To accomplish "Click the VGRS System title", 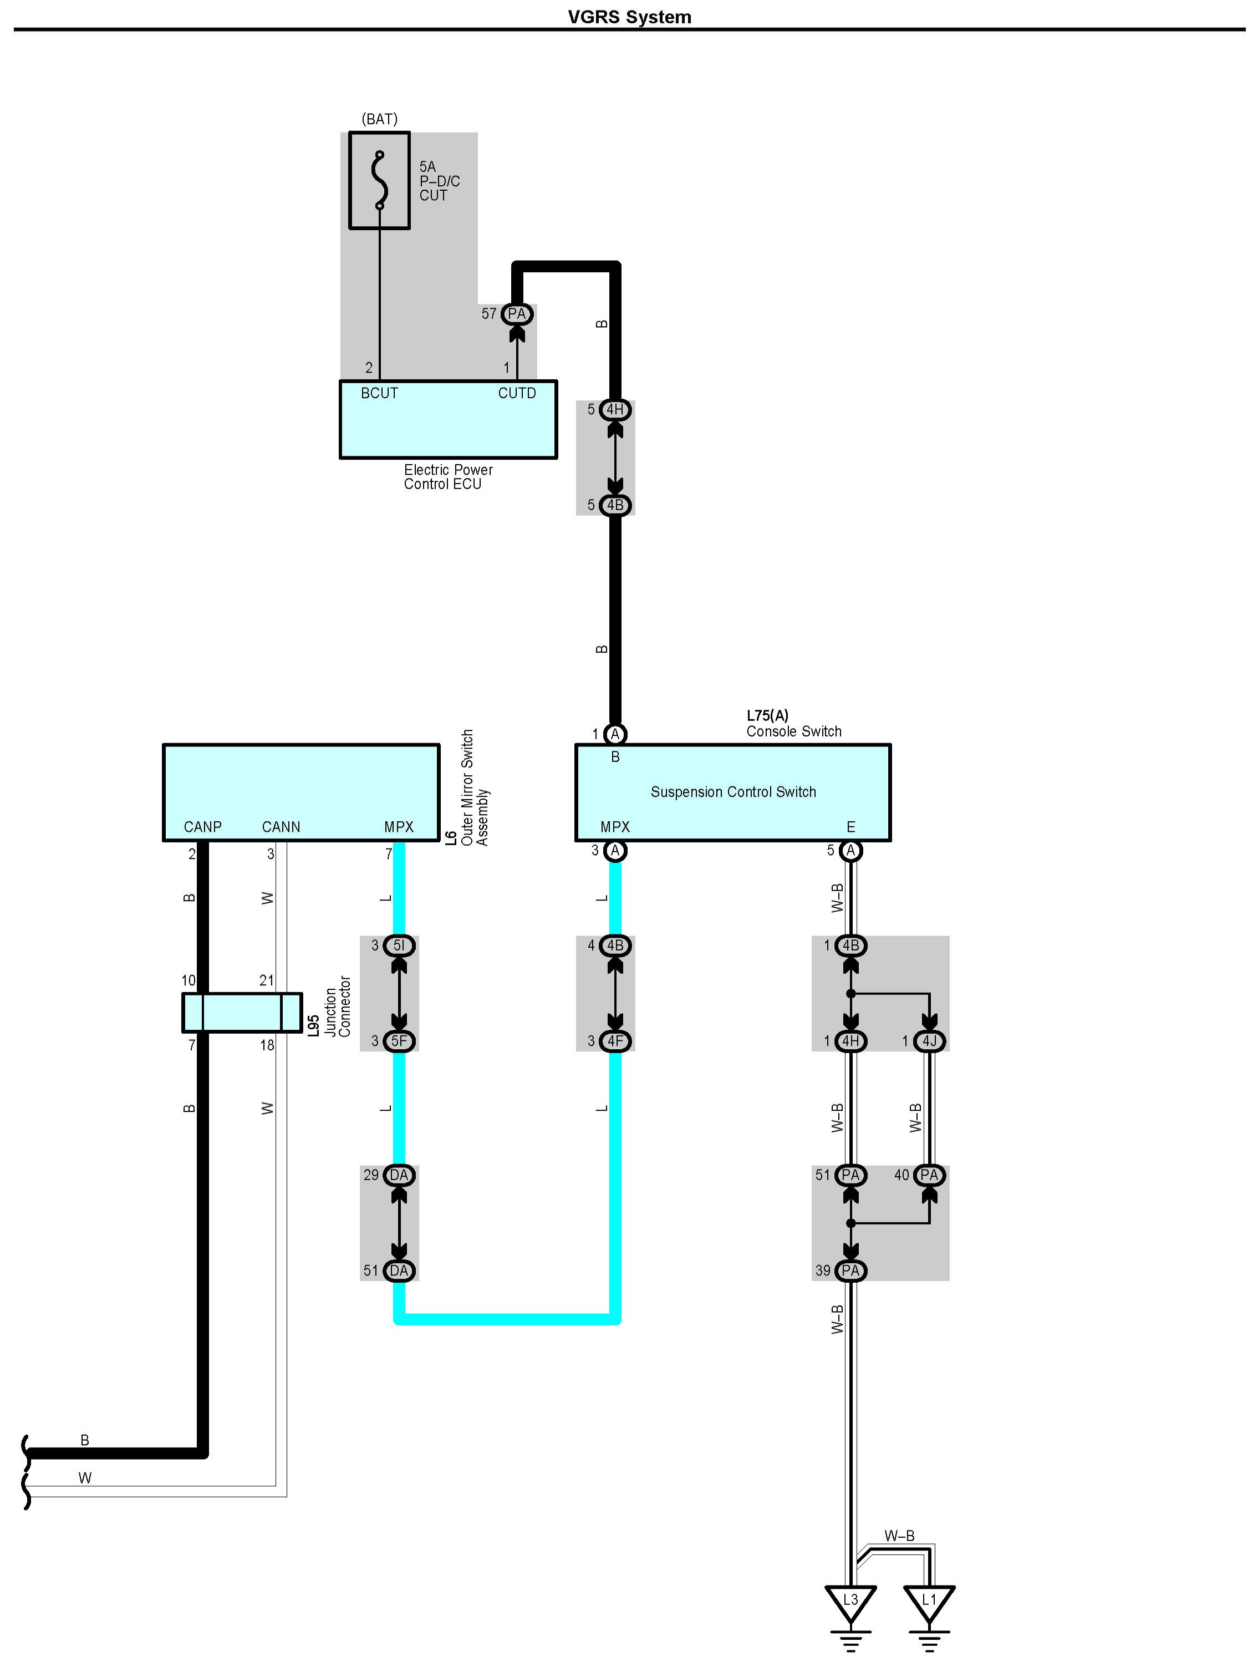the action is click(x=629, y=17).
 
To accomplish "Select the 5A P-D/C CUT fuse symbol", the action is click(x=379, y=180).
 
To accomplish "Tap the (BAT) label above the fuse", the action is click(x=379, y=119).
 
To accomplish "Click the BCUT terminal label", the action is click(x=379, y=393).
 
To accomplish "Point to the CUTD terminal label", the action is click(x=517, y=393).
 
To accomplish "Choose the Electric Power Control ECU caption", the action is click(x=448, y=476).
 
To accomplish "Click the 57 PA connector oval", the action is click(x=517, y=314).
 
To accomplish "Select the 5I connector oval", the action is click(x=399, y=945).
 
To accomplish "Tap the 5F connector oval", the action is click(x=399, y=1041).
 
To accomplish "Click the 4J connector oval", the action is click(x=929, y=1041).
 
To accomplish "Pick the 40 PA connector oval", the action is click(x=929, y=1175).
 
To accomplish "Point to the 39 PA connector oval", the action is click(x=850, y=1270).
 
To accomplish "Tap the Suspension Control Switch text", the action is click(x=733, y=792).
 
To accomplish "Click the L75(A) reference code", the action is click(x=767, y=715).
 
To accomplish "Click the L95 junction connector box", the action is click(x=242, y=1012).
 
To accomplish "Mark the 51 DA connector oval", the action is click(x=399, y=1270).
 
